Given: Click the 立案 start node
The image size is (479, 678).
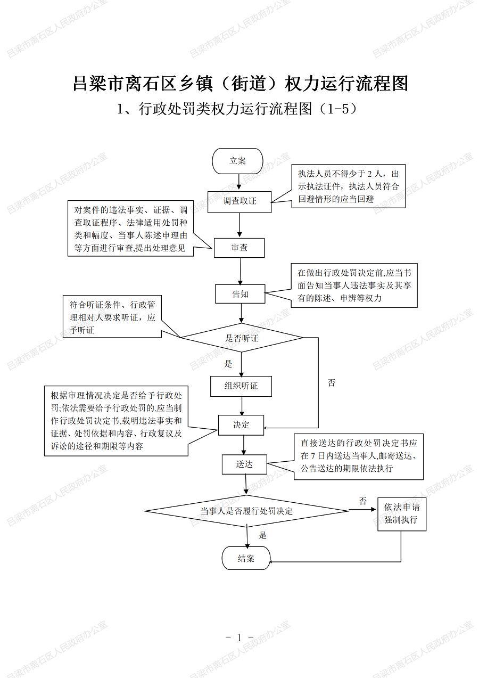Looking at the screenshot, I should [237, 161].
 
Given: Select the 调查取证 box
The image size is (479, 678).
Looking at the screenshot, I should [240, 201].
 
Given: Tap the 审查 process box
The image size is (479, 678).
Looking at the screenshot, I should [239, 248].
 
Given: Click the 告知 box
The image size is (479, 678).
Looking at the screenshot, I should [240, 293].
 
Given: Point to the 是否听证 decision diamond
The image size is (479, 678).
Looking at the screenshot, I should [242, 338].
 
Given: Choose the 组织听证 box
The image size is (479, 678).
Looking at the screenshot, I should [241, 386].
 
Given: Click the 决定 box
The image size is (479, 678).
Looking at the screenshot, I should [241, 425].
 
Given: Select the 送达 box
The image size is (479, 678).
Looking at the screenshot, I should [244, 464].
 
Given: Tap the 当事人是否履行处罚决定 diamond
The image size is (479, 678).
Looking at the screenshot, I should [246, 511].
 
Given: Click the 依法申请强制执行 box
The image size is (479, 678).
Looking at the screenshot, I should [402, 514].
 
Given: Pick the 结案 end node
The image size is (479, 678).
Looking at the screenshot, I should [246, 558].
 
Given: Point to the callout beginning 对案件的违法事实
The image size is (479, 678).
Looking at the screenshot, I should [130, 228].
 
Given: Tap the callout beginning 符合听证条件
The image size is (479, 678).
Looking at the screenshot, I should [112, 317].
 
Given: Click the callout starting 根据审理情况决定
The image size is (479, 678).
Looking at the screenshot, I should [116, 421].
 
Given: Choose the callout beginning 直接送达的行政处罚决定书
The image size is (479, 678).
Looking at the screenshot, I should [359, 456].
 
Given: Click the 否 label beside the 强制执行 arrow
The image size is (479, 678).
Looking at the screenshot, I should [363, 501].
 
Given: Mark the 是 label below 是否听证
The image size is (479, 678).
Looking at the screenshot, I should [228, 364].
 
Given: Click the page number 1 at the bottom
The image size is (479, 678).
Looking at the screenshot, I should [239, 638].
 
